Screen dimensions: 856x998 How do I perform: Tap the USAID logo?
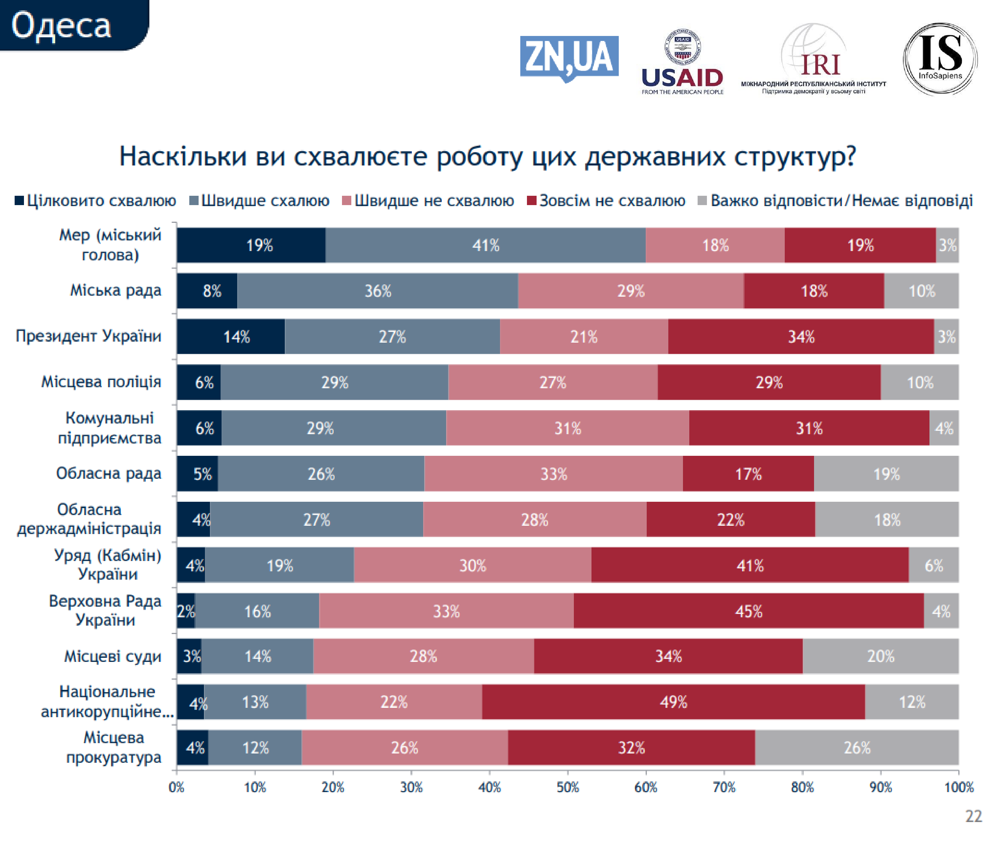682,63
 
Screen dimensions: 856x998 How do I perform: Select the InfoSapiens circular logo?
940,59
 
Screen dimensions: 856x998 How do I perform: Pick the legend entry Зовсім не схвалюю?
606,200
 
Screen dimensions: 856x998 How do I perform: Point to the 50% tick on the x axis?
568,787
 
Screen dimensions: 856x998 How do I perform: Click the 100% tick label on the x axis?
958,787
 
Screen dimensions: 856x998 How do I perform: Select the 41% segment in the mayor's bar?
485,245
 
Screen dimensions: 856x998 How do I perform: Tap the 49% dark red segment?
673,702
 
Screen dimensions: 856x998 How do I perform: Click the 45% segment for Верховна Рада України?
748,611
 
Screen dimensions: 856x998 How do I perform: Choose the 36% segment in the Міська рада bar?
378,291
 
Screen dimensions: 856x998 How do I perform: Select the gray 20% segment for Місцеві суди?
881,656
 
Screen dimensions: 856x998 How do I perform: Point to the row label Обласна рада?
108,473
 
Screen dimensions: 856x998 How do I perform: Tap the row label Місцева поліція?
101,382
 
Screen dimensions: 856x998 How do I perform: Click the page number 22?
973,816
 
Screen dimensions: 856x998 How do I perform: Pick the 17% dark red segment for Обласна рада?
748,474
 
